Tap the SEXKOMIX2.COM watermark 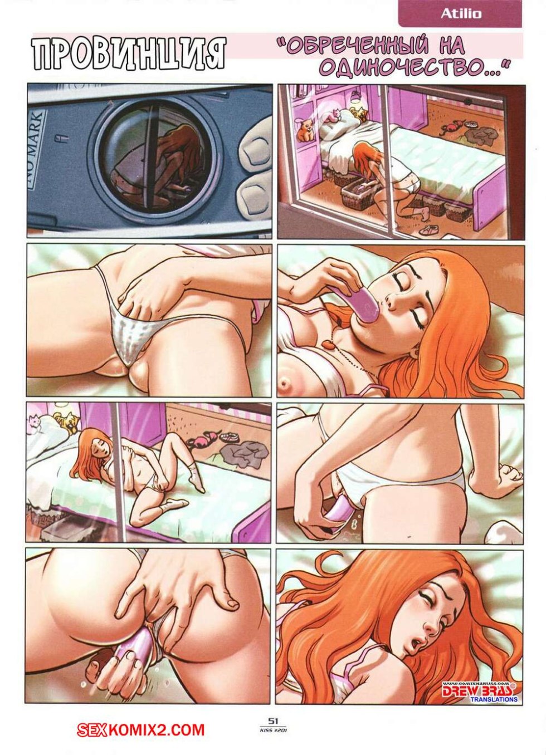tap(140, 729)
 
